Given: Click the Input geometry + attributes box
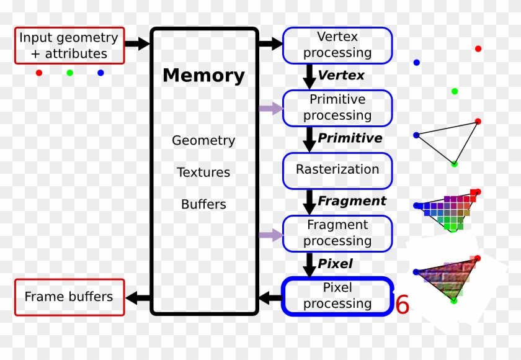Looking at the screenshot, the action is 69,45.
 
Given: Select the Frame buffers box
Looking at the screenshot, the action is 69,297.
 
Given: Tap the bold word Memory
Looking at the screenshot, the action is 203,76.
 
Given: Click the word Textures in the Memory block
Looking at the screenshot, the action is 203,172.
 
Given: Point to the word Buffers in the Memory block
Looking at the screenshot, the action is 203,204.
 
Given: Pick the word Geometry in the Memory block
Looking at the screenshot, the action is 203,141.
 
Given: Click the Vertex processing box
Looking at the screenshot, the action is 337,45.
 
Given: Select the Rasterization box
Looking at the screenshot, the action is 337,171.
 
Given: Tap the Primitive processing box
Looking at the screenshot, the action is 337,108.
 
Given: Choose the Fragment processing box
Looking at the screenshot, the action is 337,233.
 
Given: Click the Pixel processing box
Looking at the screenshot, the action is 337,296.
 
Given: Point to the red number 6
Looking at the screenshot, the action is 403,304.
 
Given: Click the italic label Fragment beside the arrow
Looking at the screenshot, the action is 352,200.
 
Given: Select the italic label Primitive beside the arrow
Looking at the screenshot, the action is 350,138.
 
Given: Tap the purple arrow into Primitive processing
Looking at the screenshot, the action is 271,109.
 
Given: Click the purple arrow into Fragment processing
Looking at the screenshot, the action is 271,235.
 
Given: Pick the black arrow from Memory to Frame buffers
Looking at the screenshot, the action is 138,298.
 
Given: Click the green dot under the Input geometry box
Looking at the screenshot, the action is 69,73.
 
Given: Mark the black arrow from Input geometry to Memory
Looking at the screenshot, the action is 137,43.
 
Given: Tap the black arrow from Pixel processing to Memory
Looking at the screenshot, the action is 270,297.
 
